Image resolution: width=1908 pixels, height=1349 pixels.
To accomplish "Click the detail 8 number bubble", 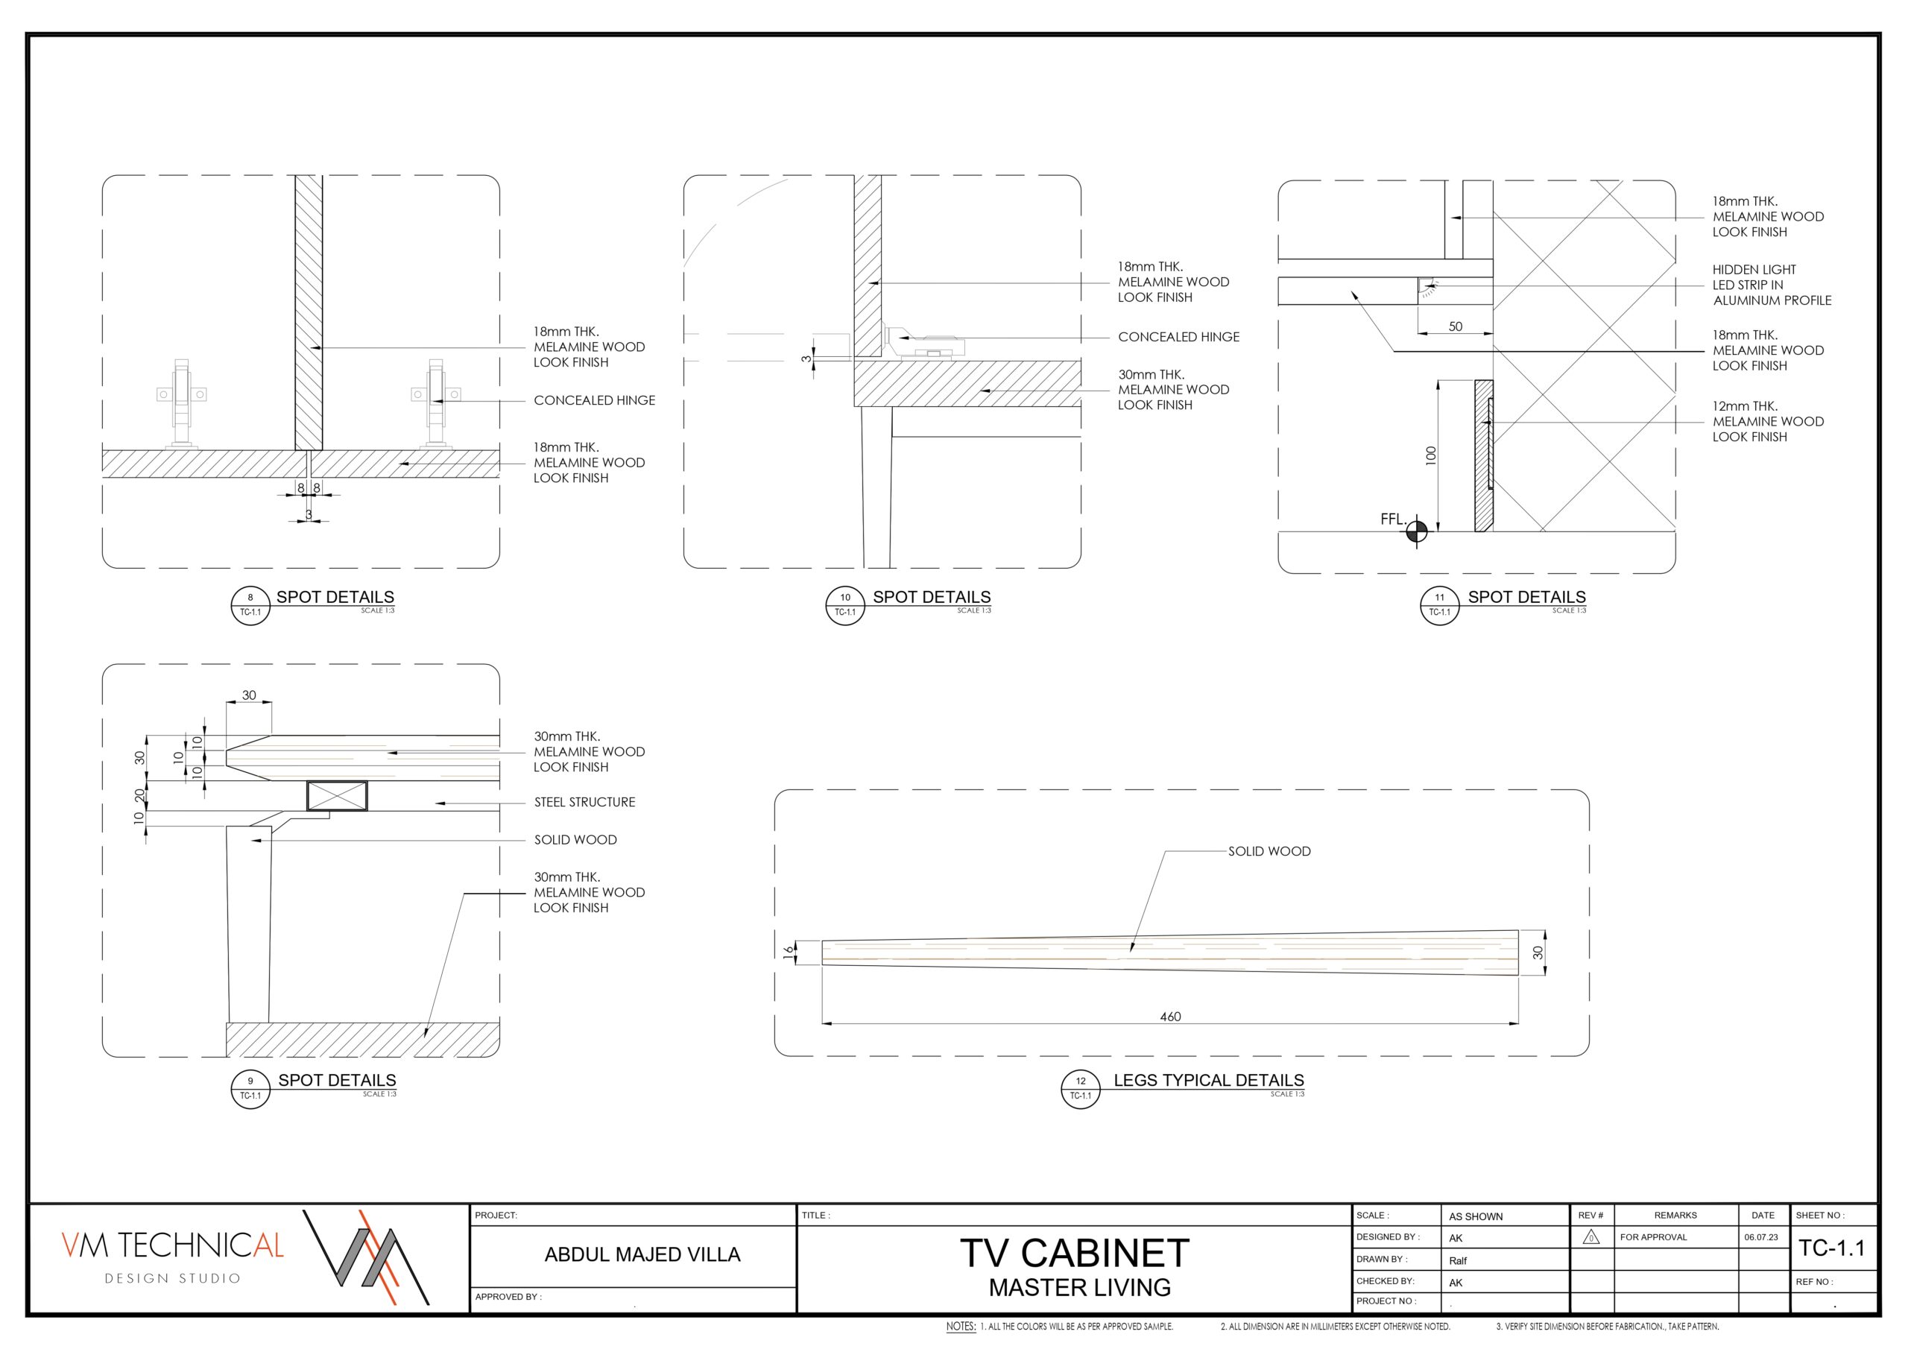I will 250,604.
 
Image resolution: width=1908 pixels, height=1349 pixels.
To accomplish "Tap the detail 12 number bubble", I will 1080,1088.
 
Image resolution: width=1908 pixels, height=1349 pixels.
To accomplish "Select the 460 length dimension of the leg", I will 1170,1017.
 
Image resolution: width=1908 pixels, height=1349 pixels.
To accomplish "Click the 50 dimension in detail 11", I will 1455,326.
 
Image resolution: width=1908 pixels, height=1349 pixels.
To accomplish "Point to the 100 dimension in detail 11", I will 1430,455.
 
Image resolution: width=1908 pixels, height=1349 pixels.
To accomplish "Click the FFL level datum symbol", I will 1417,531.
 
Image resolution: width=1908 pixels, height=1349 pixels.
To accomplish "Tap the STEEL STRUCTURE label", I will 584,802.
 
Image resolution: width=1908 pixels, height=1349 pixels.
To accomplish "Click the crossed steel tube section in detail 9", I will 337,795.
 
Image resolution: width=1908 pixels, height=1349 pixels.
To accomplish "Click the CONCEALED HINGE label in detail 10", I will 1178,337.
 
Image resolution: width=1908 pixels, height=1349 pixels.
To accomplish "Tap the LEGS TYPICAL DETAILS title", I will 1208,1080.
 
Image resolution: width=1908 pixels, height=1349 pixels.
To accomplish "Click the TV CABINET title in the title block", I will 1075,1253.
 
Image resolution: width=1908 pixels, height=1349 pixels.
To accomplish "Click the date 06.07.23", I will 1761,1236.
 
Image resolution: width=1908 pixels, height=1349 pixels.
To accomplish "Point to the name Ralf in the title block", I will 1458,1260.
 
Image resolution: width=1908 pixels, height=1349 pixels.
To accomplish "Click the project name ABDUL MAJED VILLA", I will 642,1254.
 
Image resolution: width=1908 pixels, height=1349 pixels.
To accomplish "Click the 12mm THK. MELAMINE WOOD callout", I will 1768,421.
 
